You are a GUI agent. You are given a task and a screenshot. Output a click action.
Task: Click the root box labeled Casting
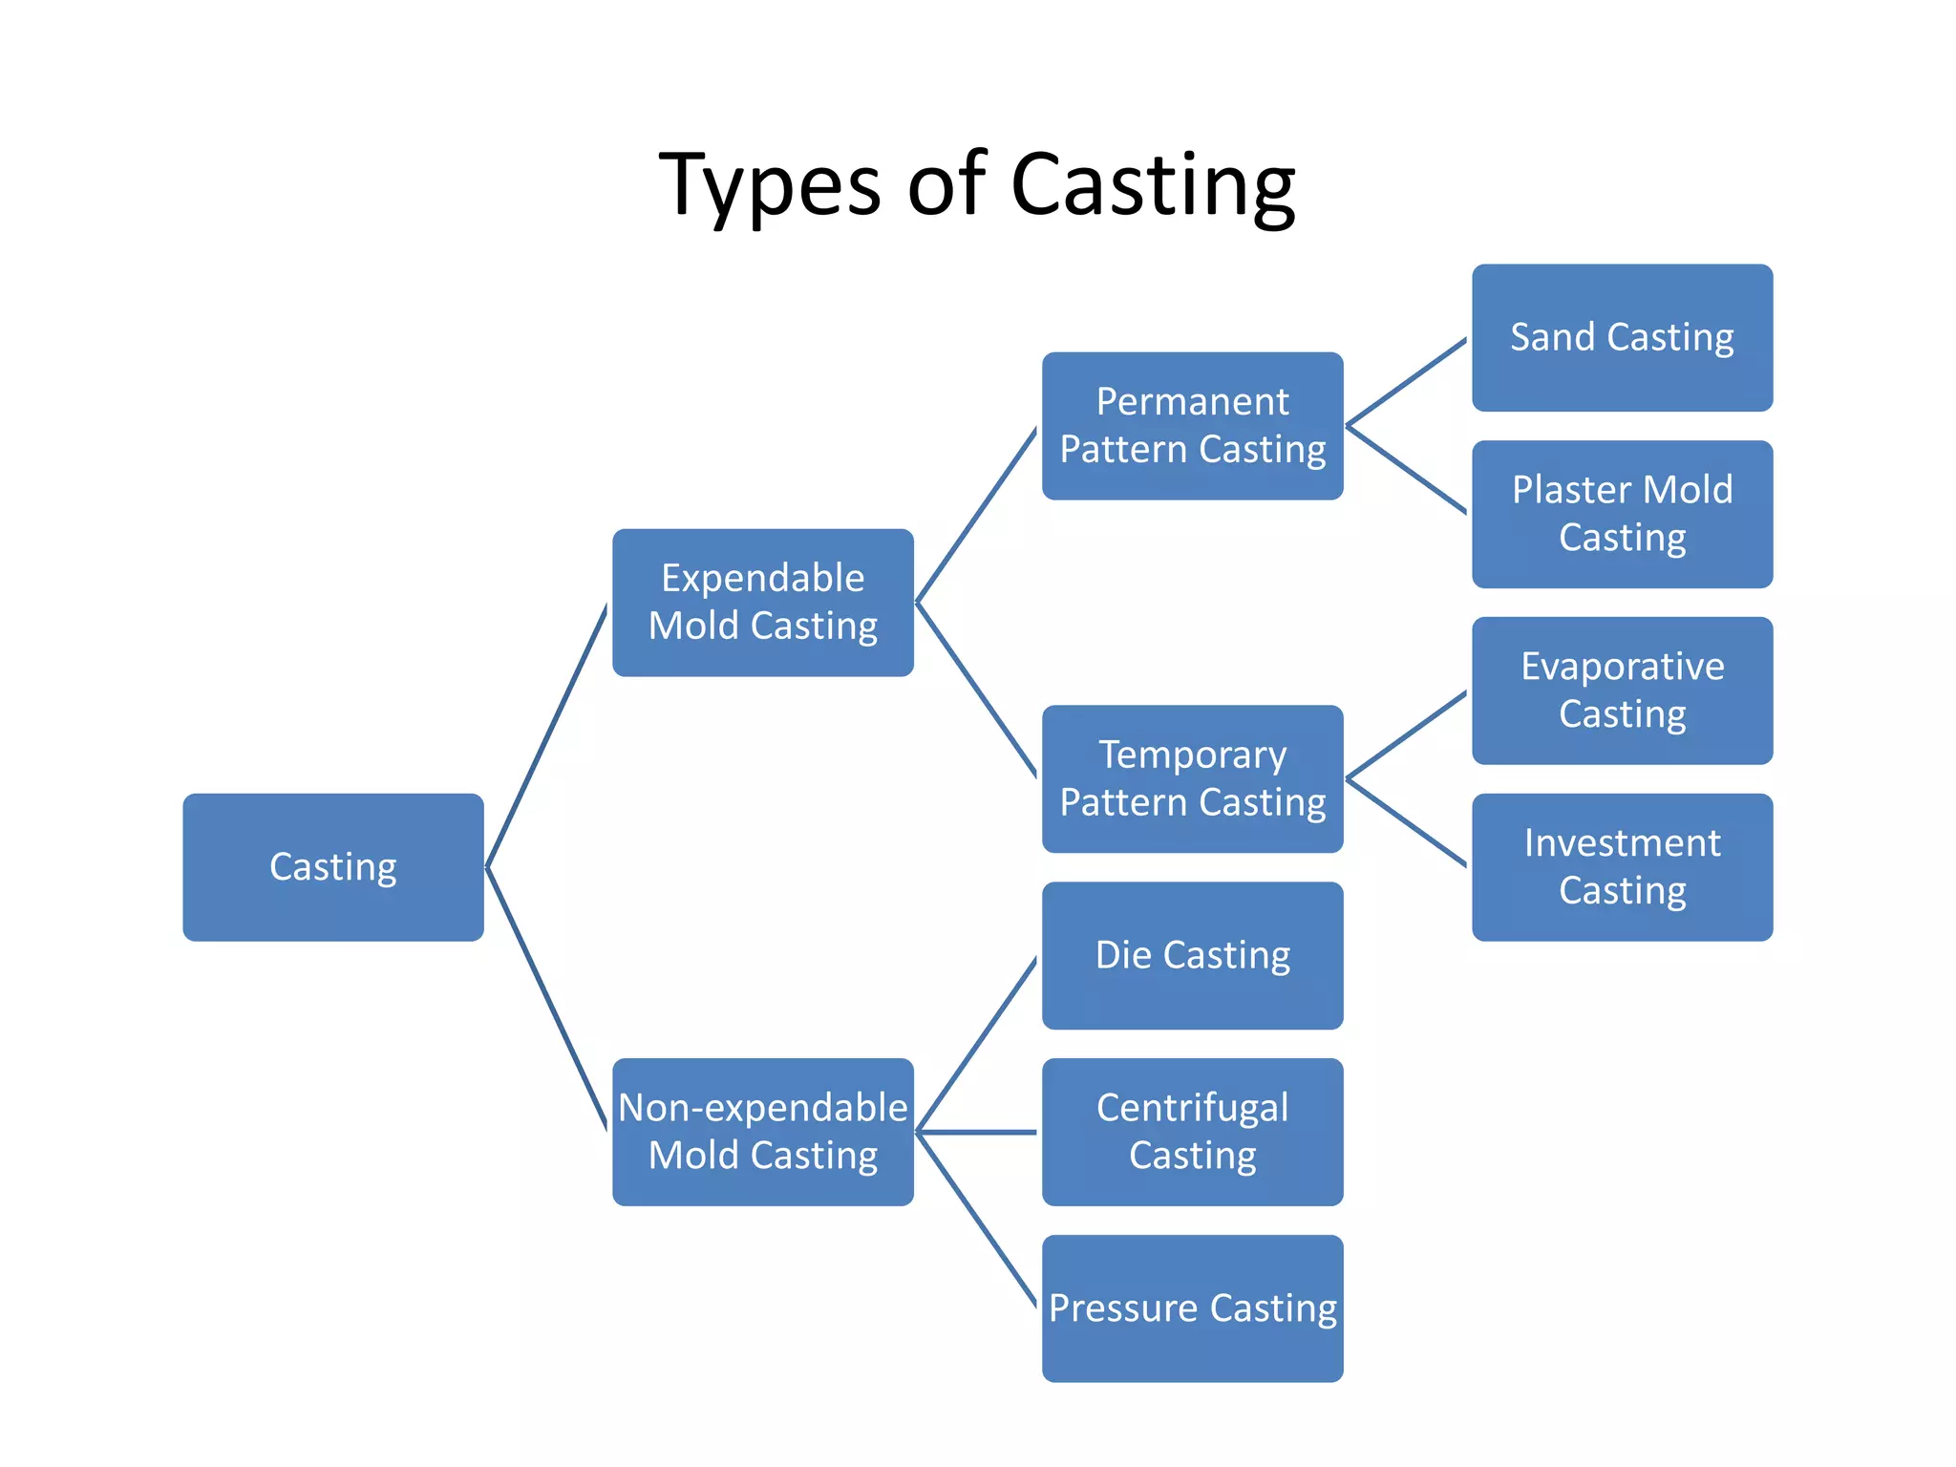[x=332, y=867]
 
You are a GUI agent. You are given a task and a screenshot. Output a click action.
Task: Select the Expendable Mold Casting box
[x=762, y=603]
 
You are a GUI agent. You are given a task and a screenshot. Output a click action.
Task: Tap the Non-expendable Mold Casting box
[x=762, y=1132]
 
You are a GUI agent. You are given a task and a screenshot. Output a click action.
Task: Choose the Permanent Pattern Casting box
[x=1192, y=426]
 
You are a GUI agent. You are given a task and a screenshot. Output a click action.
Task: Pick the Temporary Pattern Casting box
[x=1192, y=778]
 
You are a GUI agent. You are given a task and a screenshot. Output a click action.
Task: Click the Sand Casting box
[x=1622, y=338]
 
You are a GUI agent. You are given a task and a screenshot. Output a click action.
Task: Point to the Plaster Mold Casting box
[x=1622, y=514]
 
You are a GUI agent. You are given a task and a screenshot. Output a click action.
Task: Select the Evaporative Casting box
[x=1622, y=691]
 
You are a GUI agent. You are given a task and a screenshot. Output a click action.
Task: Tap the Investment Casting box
[x=1622, y=867]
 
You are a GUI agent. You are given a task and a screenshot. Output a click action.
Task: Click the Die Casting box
[x=1192, y=955]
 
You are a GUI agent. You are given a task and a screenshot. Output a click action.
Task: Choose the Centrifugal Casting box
[x=1192, y=1132]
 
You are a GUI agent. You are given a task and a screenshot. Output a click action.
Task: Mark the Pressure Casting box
[x=1192, y=1308]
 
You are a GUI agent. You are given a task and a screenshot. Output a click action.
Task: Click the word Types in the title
[x=769, y=186]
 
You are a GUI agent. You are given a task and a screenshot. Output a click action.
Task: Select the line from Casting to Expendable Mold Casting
[x=546, y=735]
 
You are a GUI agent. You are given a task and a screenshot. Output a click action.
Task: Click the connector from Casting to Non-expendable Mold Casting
[x=546, y=999]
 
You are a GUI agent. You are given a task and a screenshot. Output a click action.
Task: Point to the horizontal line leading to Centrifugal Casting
[x=976, y=1132]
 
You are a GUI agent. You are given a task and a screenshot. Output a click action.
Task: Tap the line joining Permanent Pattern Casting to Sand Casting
[x=1406, y=382]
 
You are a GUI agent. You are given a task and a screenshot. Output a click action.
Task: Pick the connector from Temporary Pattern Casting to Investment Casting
[x=1406, y=823]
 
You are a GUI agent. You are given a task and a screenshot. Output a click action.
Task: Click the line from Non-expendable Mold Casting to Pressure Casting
[x=976, y=1219]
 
